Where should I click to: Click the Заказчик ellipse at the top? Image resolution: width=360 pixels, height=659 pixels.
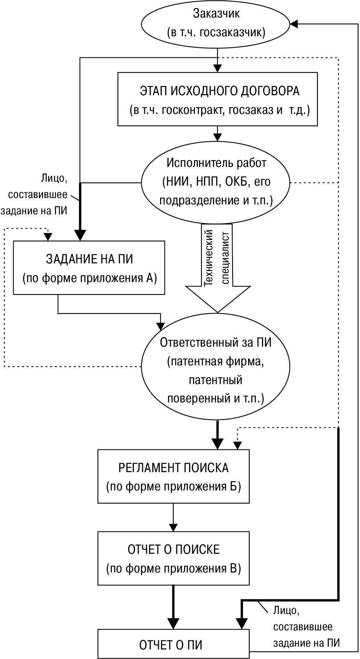tap(216, 24)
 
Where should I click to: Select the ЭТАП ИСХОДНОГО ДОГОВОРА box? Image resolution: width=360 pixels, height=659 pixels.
tap(217, 99)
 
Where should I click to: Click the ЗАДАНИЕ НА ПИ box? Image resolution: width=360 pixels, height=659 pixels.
tap(89, 267)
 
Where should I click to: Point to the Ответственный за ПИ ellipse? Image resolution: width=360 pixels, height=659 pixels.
tap(215, 370)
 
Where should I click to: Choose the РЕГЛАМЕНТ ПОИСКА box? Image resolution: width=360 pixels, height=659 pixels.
tap(173, 476)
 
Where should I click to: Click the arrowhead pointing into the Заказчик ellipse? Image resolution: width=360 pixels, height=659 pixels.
tap(294, 24)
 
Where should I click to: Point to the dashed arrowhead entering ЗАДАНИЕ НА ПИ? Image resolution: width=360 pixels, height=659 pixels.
tap(48, 237)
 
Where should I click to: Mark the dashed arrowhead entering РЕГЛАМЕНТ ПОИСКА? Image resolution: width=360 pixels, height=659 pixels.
tap(238, 445)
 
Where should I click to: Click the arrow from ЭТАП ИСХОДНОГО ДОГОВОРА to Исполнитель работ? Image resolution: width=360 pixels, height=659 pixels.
tap(217, 133)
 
